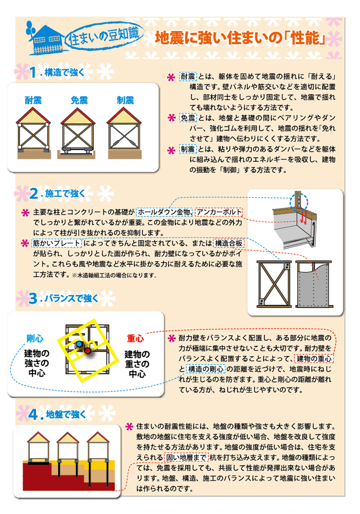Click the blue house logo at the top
pos(45,39)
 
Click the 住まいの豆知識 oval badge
pos(103,36)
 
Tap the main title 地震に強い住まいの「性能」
pos(241,38)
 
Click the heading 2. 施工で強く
pos(57,193)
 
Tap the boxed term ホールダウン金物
pos(164,212)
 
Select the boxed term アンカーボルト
pos(219,212)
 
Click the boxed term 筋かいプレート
pos(57,243)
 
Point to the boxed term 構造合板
pos(229,243)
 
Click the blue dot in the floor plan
pos(80,344)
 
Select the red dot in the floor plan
pos(87,351)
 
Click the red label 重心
pos(135,338)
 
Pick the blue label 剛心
pos(35,338)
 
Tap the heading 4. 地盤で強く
pos(57,414)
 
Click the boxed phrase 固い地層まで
pos(186,457)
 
